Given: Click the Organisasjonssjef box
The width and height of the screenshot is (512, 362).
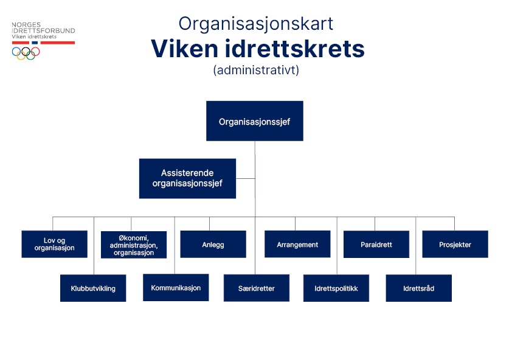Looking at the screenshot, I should (254, 121).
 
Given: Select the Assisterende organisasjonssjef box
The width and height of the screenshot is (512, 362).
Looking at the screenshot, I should (187, 178).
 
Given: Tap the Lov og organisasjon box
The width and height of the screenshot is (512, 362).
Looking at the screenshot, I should (54, 244).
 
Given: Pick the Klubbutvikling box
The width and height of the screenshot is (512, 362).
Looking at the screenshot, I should (93, 288).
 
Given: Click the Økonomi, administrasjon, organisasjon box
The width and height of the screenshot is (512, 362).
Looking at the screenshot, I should (134, 245).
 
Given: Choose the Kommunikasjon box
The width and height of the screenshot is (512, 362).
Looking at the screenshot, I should (176, 287).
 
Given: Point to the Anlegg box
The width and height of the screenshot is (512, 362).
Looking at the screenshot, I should (213, 244).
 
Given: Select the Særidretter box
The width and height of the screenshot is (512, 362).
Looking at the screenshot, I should (256, 288).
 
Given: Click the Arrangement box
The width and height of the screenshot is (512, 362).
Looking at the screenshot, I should (297, 244).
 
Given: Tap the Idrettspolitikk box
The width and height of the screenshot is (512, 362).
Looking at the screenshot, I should (336, 288).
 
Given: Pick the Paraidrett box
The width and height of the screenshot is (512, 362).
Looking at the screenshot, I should (376, 244).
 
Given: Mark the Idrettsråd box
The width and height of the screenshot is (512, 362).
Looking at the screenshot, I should (418, 288).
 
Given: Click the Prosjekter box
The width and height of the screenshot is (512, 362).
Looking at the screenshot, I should (455, 244).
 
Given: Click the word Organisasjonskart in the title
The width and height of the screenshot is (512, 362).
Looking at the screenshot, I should (255, 23).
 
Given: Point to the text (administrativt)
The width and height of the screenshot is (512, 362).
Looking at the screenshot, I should (256, 70).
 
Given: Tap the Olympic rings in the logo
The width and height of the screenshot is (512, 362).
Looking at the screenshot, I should (26, 52).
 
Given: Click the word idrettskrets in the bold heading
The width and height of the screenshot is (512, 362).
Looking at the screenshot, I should (294, 48).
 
